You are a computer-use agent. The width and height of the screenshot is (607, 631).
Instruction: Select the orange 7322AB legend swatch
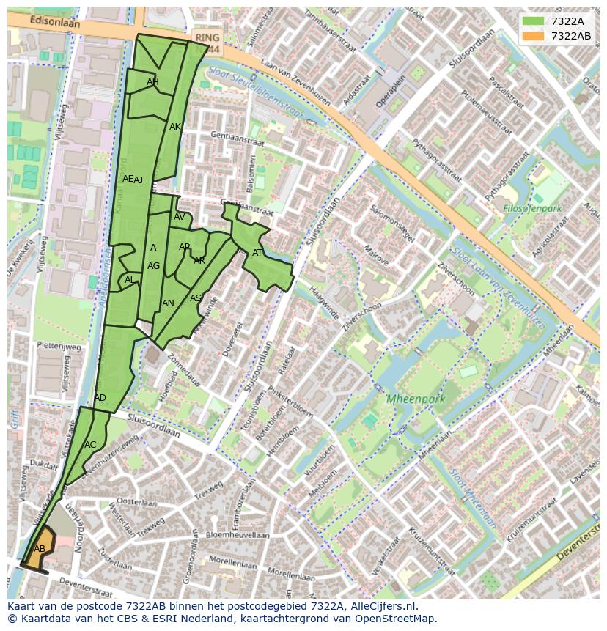tap(534, 36)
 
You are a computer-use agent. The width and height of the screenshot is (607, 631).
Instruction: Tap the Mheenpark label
tap(416, 399)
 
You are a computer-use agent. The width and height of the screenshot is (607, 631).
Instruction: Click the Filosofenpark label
tap(532, 209)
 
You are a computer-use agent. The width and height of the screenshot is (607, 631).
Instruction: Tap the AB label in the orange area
tap(40, 549)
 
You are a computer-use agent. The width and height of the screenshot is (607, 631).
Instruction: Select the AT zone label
tap(257, 253)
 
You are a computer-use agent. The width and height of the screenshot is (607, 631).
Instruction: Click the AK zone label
tap(175, 127)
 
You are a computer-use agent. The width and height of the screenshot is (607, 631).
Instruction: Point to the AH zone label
tap(152, 82)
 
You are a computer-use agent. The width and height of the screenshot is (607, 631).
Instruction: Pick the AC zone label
tap(90, 445)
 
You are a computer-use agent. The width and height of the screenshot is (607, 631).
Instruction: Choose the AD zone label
tap(100, 398)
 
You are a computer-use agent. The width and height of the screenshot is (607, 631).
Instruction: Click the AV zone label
tap(180, 217)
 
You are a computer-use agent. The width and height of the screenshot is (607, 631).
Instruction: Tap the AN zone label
tap(168, 303)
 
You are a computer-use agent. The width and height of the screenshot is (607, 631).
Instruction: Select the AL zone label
tap(130, 280)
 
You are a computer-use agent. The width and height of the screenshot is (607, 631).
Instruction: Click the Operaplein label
tap(380, 91)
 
